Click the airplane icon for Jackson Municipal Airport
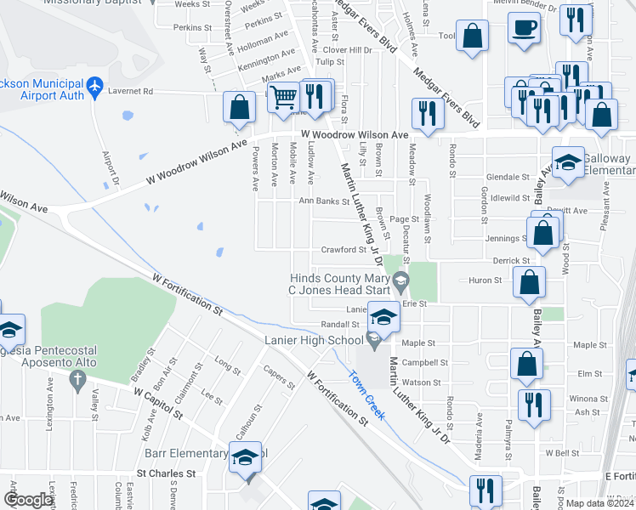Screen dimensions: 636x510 tap(94, 86)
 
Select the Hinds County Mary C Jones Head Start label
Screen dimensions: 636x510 tap(341, 284)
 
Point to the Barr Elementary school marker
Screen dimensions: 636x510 tap(244, 456)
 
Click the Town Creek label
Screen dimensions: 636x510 tap(366, 390)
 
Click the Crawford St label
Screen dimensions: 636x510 tap(343, 250)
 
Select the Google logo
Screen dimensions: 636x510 tap(28, 501)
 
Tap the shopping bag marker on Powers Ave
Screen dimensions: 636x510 tap(239, 107)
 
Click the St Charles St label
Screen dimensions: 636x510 tap(167, 473)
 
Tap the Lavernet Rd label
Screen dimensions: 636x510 tap(136, 91)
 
